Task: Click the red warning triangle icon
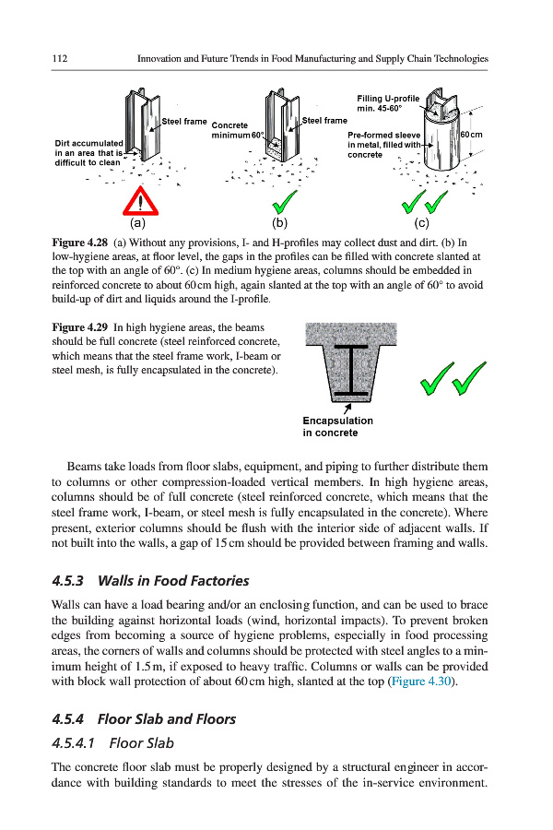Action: [x=139, y=201]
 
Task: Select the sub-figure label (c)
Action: [x=422, y=222]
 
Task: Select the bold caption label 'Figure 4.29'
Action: [x=80, y=327]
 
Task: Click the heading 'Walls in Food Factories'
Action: [x=173, y=581]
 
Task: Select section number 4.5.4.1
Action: [x=75, y=742]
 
